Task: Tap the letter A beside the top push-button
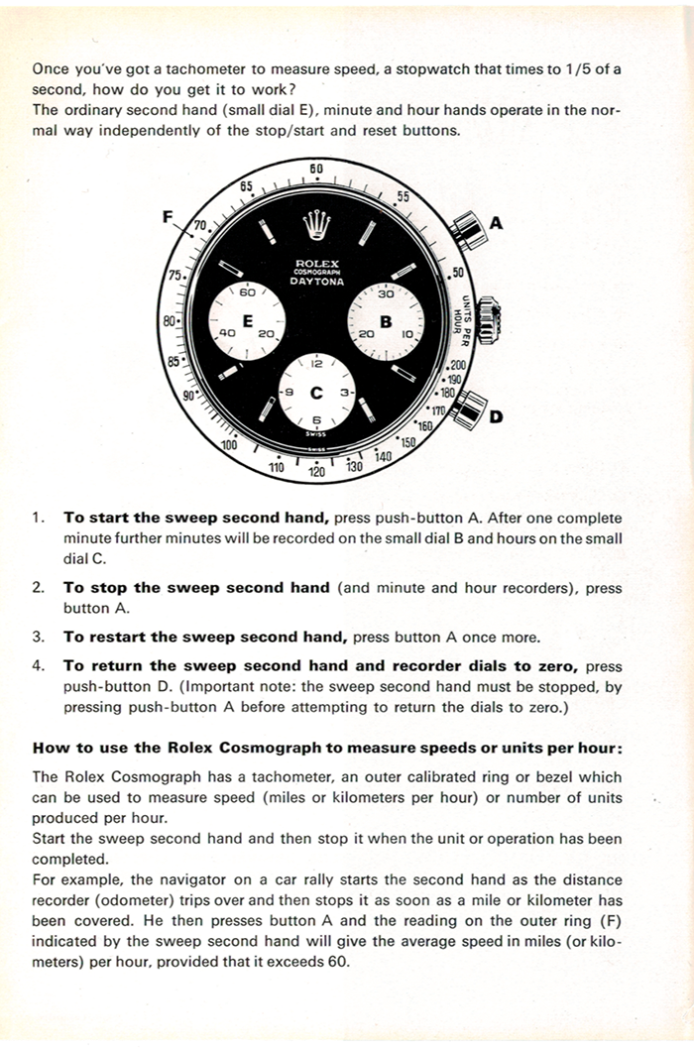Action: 497,224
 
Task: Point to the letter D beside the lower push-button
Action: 496,416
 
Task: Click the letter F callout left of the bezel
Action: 169,216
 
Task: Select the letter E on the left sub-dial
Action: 247,319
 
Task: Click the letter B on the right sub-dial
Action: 386,321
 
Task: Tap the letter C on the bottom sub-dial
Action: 317,393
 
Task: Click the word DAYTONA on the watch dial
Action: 316,282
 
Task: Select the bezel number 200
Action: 457,366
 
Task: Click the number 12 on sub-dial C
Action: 316,364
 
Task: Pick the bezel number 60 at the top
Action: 316,169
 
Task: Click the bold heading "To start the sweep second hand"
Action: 196,518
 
